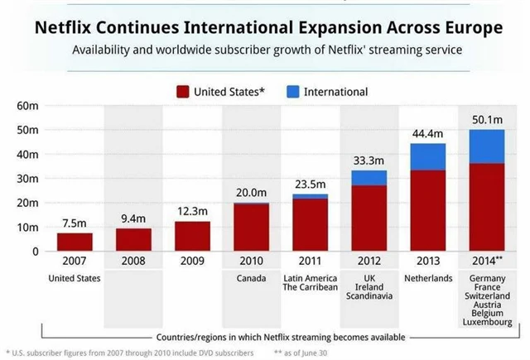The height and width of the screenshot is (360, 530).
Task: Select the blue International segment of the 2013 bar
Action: tap(427, 156)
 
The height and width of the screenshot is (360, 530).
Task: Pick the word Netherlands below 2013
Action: tap(427, 278)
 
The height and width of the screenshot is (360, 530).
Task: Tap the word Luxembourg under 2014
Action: tap(487, 321)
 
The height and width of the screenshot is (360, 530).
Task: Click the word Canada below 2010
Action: tap(251, 278)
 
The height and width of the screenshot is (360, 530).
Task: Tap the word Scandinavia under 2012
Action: tap(369, 300)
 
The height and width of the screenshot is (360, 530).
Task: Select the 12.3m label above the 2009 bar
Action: tap(192, 213)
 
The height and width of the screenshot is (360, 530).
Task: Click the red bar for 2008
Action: tap(133, 239)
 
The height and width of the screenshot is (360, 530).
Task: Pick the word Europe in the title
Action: tap(470, 28)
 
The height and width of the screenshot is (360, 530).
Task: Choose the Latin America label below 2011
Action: tap(310, 278)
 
